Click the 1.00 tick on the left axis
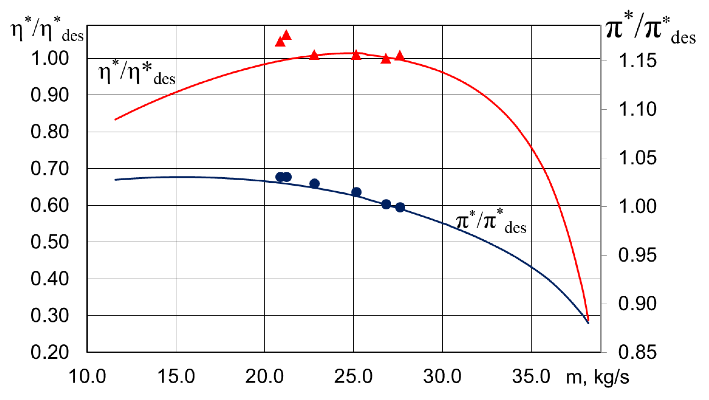click(x=49, y=58)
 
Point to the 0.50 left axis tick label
click(x=49, y=242)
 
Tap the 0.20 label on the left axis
click(x=49, y=352)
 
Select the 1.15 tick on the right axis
click(x=637, y=61)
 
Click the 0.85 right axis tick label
click(x=637, y=352)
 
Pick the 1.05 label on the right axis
click(x=637, y=158)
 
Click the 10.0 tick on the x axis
click(x=87, y=376)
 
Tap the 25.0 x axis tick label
click(x=353, y=376)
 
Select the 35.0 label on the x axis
click(x=531, y=376)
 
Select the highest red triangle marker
click(x=287, y=35)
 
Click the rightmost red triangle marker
click(x=400, y=56)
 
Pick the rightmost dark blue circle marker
click(x=400, y=207)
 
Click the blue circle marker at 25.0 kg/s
click(x=356, y=192)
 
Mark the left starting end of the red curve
click(x=115, y=119)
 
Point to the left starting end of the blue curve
click(x=115, y=180)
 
